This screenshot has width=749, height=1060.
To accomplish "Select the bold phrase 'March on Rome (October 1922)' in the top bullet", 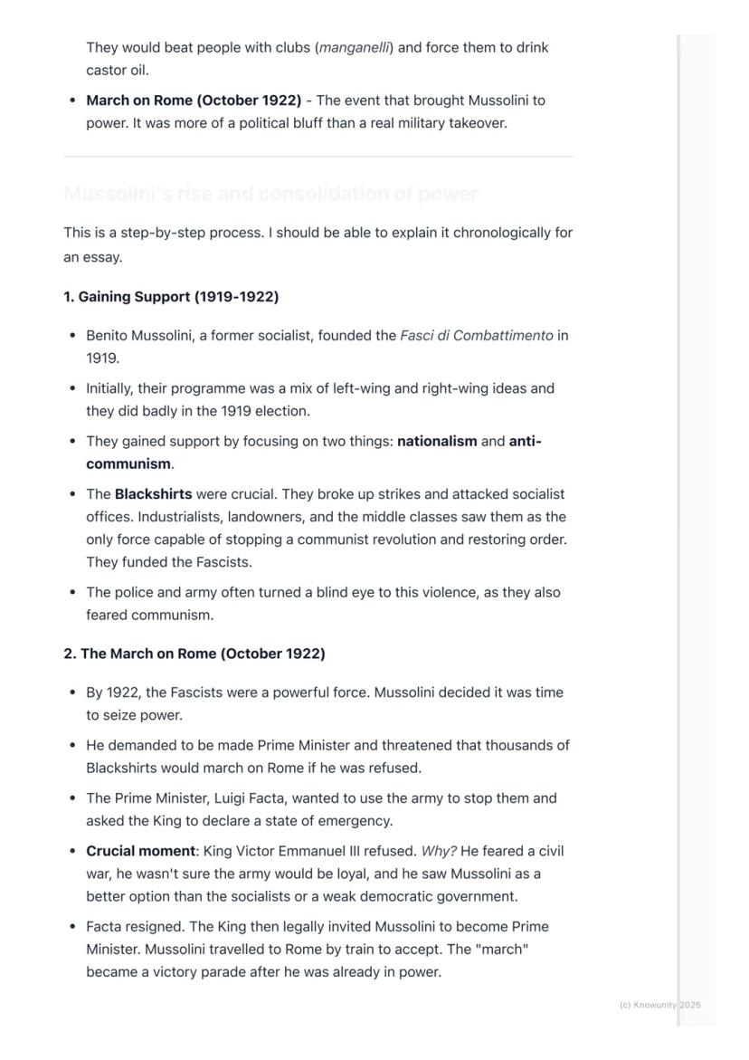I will click(194, 100).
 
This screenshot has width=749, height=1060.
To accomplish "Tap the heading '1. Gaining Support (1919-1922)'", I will click(171, 297).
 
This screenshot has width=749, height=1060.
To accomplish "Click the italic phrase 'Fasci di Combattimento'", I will click(476, 336).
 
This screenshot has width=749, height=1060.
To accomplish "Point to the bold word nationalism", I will click(437, 442).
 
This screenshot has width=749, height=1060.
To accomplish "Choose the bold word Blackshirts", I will click(153, 494).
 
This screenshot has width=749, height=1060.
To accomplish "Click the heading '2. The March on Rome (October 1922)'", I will click(194, 654).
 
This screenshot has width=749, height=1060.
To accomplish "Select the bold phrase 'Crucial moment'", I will click(140, 852).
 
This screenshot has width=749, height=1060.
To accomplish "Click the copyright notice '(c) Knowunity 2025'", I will click(660, 1005).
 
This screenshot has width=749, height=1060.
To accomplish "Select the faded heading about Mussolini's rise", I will click(271, 195).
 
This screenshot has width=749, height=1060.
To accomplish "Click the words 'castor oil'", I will click(118, 71).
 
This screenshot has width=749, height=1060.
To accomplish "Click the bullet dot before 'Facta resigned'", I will click(72, 927).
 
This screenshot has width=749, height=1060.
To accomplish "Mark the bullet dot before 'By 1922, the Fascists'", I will click(72, 692).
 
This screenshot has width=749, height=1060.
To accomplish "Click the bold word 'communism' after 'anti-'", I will click(128, 464).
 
